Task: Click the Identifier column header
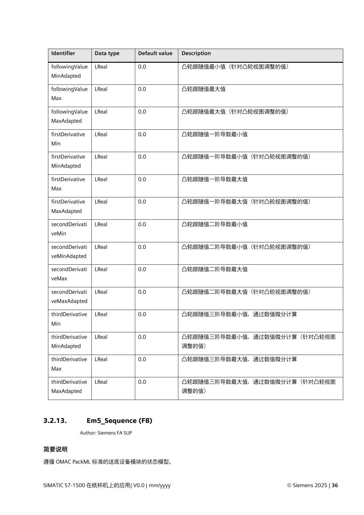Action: click(x=63, y=53)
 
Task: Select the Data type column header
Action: click(x=107, y=53)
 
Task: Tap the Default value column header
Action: click(x=155, y=53)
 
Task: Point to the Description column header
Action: click(x=196, y=53)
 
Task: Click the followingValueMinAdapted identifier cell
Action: click(x=69, y=71)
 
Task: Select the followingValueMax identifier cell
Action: click(x=69, y=94)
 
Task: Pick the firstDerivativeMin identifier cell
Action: click(x=68, y=139)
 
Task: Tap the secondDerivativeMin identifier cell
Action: click(x=69, y=229)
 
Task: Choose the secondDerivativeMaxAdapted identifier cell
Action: click(x=69, y=297)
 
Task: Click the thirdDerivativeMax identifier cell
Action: click(x=69, y=364)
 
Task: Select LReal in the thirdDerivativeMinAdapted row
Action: click(x=101, y=337)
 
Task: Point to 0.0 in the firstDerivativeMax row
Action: click(x=142, y=179)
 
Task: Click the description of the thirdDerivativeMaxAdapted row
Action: click(x=258, y=386)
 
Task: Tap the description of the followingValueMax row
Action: click(x=203, y=89)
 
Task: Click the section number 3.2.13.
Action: click(x=55, y=420)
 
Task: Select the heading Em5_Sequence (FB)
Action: click(x=119, y=420)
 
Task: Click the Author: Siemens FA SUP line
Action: click(x=106, y=433)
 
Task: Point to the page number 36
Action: click(x=335, y=485)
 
